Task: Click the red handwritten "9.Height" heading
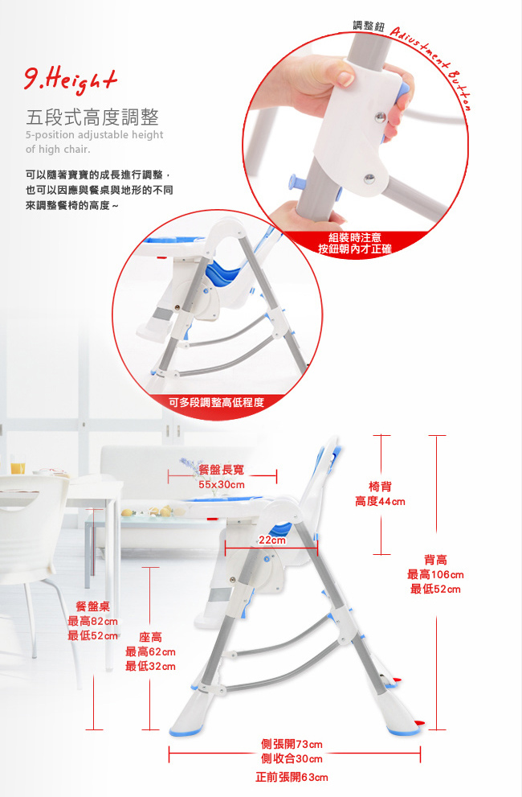click(x=71, y=80)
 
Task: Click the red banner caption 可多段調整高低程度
click(x=216, y=403)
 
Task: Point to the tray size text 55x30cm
click(x=222, y=485)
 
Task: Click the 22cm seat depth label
click(x=272, y=540)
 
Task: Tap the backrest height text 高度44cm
click(x=380, y=502)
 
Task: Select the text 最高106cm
click(x=435, y=575)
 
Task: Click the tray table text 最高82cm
click(x=92, y=621)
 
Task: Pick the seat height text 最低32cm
click(x=150, y=667)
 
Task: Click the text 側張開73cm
click(x=292, y=744)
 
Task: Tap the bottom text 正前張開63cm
click(x=292, y=777)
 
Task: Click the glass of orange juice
click(x=18, y=464)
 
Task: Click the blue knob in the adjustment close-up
click(x=293, y=182)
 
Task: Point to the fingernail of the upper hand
click(x=346, y=78)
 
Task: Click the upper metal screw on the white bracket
click(x=379, y=118)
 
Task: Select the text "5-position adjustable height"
click(x=95, y=134)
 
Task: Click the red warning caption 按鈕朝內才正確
click(x=354, y=249)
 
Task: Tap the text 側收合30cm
click(x=292, y=759)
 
